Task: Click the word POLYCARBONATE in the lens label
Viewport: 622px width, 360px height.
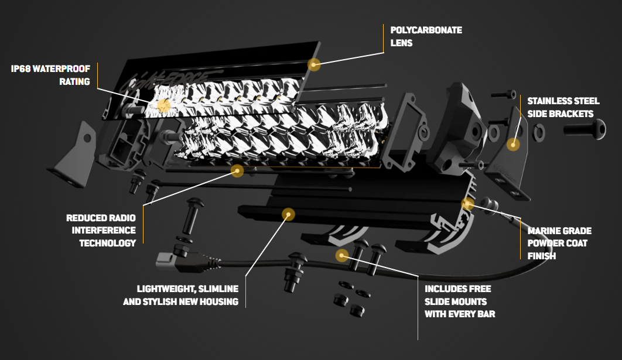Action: (x=426, y=30)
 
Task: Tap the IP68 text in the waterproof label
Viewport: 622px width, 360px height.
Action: (x=21, y=68)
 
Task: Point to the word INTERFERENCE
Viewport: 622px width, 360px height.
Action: (x=104, y=231)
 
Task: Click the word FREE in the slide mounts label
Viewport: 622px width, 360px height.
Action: (x=480, y=289)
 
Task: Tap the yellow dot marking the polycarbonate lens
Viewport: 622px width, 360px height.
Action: (x=315, y=64)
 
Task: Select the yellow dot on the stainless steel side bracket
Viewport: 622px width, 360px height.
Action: (x=513, y=144)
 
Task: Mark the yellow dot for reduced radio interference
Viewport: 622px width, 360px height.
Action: (x=237, y=170)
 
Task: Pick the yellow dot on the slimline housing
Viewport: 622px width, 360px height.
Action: (x=288, y=214)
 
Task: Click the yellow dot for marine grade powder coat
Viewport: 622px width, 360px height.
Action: (x=467, y=204)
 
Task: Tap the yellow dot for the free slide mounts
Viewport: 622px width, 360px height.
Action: (x=342, y=255)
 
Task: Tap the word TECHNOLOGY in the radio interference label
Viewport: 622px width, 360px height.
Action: (x=108, y=243)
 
